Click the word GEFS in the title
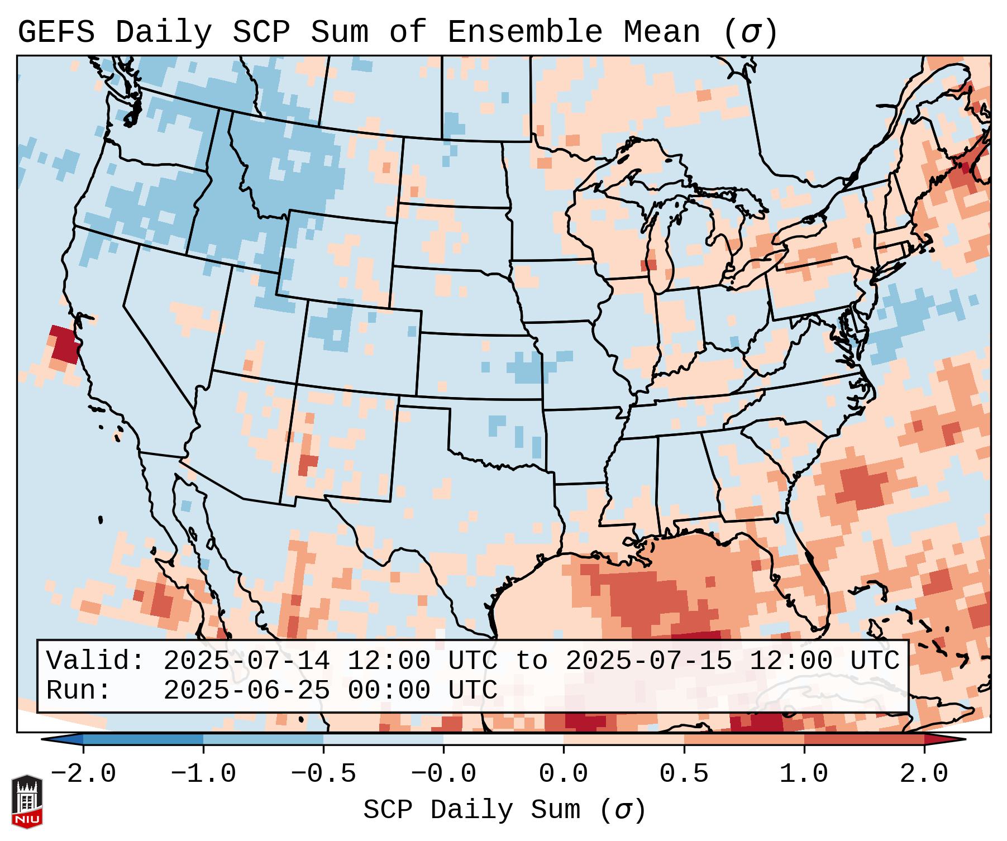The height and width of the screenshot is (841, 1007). pyautogui.click(x=56, y=32)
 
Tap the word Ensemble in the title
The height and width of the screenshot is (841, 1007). pyautogui.click(x=525, y=32)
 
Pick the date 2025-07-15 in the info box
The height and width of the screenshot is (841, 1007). pyautogui.click(x=648, y=661)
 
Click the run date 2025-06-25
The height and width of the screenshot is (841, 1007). pyautogui.click(x=246, y=690)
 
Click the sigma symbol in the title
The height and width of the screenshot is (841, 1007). pyautogui.click(x=750, y=32)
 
